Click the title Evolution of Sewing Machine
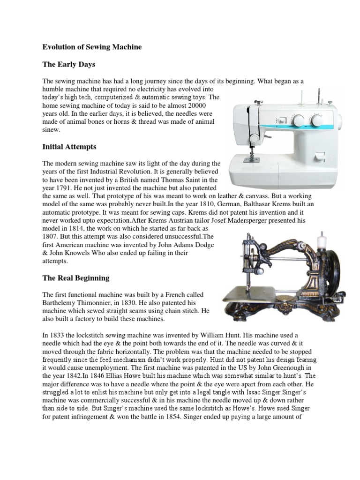click(92, 47)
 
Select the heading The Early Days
click(69, 64)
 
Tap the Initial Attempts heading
click(69, 147)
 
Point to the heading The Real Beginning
click(75, 278)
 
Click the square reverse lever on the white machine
click(319, 155)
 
